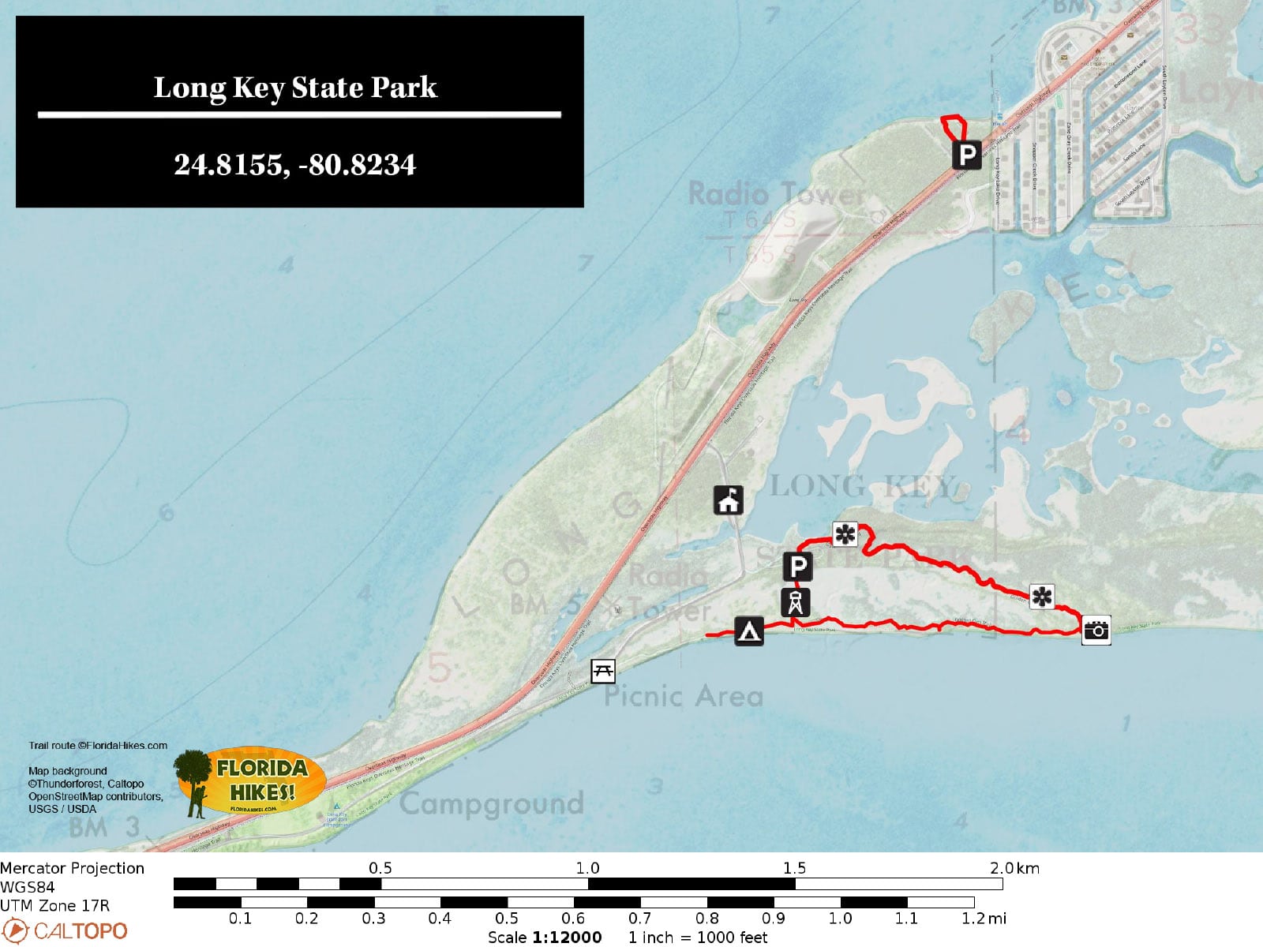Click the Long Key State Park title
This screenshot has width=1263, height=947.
(295, 88)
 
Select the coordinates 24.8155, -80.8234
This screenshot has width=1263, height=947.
(294, 165)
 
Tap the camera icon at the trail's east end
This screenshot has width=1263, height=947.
(1096, 630)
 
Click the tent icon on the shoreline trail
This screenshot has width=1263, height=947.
(748, 631)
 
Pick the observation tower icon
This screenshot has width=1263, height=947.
(795, 602)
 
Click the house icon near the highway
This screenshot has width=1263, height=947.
(728, 500)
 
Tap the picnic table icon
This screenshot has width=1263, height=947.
(603, 672)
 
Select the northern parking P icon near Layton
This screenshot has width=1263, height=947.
(966, 155)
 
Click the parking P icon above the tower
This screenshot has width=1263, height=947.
(798, 567)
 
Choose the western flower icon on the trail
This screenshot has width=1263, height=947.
(845, 534)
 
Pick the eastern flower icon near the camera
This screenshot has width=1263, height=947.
(1042, 597)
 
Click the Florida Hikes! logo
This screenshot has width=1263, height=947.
(251, 781)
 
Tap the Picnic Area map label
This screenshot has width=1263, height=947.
(684, 696)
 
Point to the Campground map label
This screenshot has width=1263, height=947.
(491, 803)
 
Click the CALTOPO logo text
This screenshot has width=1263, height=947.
(79, 931)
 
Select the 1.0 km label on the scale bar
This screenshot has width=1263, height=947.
(587, 868)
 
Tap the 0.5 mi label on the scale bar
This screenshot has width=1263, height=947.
(506, 918)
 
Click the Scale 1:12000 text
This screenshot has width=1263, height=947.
(545, 937)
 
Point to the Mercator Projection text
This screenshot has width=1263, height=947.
(73, 868)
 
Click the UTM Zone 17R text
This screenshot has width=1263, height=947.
(55, 905)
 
